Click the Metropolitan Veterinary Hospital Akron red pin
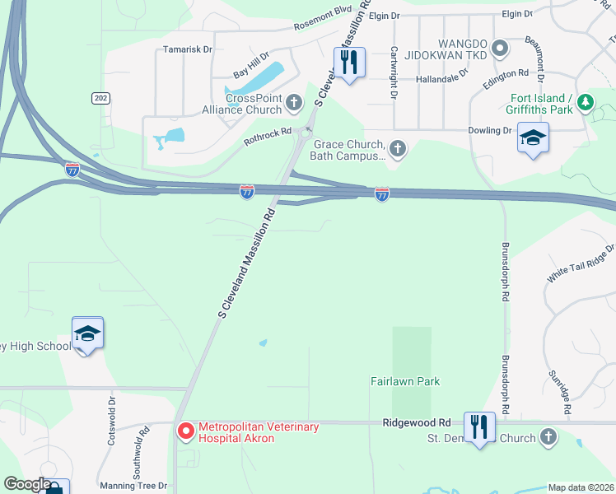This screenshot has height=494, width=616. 186,431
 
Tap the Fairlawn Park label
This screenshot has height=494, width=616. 405,382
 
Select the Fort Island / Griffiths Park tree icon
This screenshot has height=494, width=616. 586,102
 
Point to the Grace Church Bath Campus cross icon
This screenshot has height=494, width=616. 398,148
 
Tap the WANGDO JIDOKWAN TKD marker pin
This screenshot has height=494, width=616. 499,49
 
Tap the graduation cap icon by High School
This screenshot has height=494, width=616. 87,333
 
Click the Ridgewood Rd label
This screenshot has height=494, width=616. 417,422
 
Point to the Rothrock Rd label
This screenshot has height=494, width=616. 268,136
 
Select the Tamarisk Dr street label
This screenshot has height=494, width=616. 187,49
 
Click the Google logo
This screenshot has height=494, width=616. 27,484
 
